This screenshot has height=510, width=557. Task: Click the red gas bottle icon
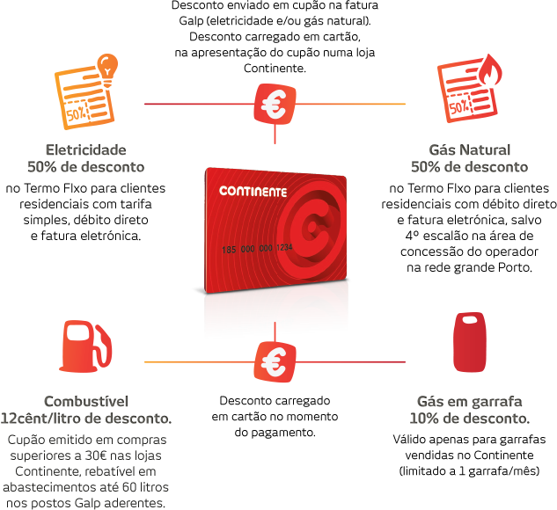pos(469,342)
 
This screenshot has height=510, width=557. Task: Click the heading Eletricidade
pos(84,151)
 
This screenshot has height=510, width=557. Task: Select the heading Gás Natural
pos(468,151)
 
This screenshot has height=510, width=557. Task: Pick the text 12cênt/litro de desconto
pos(86,418)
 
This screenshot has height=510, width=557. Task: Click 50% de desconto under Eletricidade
pos(85,166)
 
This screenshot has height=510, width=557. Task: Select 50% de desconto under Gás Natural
pos(469,166)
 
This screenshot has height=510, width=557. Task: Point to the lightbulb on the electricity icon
pos(107,67)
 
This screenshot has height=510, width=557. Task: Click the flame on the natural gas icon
pos(488,69)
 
